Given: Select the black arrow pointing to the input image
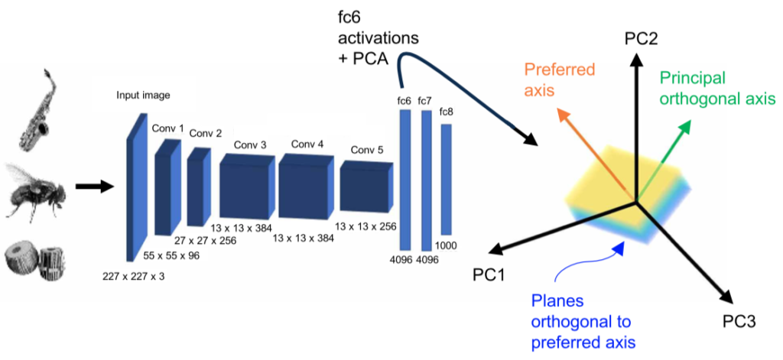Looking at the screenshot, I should click(93, 186).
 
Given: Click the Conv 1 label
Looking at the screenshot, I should click(167, 128).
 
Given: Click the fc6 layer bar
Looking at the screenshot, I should click(405, 179).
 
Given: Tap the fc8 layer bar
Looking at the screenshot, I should click(446, 179).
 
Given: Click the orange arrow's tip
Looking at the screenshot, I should click(557, 112).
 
